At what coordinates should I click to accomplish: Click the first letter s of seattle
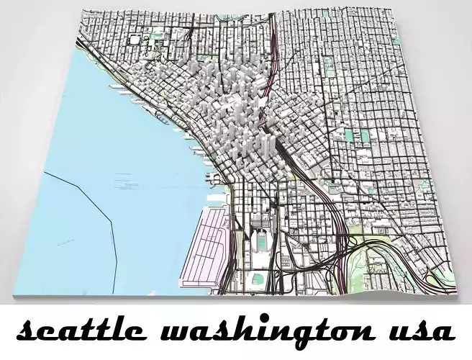pos(27,333)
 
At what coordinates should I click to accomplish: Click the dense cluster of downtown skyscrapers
pos(230,108)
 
